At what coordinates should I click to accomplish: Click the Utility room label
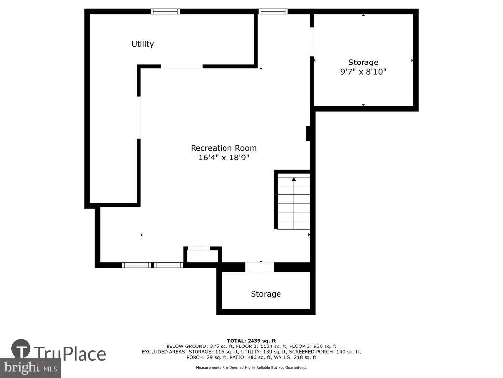142,44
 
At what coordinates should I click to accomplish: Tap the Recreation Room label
224,148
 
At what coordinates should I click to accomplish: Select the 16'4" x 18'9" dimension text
224,157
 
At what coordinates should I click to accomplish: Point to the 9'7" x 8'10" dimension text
363,72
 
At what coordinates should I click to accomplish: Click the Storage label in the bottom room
266,294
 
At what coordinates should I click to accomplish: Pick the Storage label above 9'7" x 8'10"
363,62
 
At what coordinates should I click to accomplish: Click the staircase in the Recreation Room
294,201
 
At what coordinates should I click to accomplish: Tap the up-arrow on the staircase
294,179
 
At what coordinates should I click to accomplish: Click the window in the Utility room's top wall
165,12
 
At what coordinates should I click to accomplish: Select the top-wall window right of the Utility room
273,12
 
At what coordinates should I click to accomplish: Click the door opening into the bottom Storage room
259,267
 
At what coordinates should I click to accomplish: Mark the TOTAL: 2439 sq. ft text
251,341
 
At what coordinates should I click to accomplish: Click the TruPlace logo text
70,354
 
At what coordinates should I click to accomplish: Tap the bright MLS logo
30,368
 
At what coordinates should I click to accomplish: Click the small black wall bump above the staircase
307,133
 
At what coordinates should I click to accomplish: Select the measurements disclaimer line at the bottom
251,367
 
